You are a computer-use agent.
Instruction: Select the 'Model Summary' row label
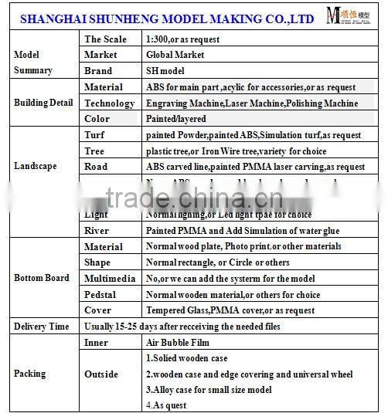pyautogui.click(x=33, y=63)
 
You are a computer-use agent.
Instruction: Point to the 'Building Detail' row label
pyautogui.click(x=43, y=103)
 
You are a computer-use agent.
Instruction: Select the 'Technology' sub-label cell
pyautogui.click(x=109, y=103)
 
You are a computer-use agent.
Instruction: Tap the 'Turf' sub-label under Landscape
pyautogui.click(x=96, y=135)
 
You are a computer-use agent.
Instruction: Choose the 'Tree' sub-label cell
pyautogui.click(x=95, y=151)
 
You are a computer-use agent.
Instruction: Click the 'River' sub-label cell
pyautogui.click(x=97, y=230)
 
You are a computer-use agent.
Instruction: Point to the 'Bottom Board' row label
pyautogui.click(x=42, y=278)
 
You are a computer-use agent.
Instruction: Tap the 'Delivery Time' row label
pyautogui.click(x=42, y=327)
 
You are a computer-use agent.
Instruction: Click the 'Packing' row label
pyautogui.click(x=30, y=374)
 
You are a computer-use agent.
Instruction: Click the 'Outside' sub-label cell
pyautogui.click(x=101, y=374)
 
